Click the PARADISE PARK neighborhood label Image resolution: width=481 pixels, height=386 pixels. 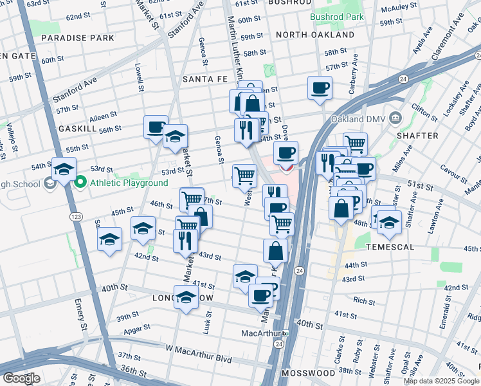pyautogui.click(x=77, y=38)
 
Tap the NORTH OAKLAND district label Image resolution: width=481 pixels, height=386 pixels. pyautogui.click(x=315, y=35)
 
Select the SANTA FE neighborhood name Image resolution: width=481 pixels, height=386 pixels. pyautogui.click(x=205, y=79)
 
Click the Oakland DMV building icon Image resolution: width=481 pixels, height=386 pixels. pyautogui.click(x=396, y=118)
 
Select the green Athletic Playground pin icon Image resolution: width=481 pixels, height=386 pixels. pyautogui.click(x=80, y=183)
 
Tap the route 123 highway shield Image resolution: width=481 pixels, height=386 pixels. pyautogui.click(x=76, y=216)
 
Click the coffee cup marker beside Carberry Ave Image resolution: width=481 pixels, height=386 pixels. pyautogui.click(x=320, y=88)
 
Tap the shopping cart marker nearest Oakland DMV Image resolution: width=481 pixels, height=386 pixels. pyautogui.click(x=354, y=143)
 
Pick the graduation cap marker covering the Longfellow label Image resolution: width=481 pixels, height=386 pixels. pyautogui.click(x=186, y=297)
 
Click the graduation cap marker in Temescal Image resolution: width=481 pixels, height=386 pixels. pyautogui.click(x=390, y=222)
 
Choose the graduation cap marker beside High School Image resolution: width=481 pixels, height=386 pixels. pyautogui.click(x=64, y=169)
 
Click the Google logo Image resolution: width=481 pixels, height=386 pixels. pyautogui.click(x=21, y=378)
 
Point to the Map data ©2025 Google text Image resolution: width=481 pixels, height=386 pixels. pyautogui.click(x=441, y=381)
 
